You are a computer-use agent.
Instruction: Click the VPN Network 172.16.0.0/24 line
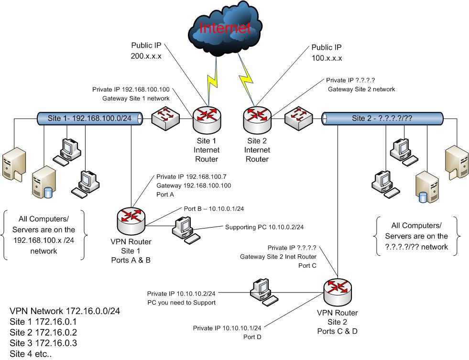tap(65, 311)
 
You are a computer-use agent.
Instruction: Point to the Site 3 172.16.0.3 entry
tap(43, 343)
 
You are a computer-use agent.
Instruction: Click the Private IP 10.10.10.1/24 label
tap(227, 328)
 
